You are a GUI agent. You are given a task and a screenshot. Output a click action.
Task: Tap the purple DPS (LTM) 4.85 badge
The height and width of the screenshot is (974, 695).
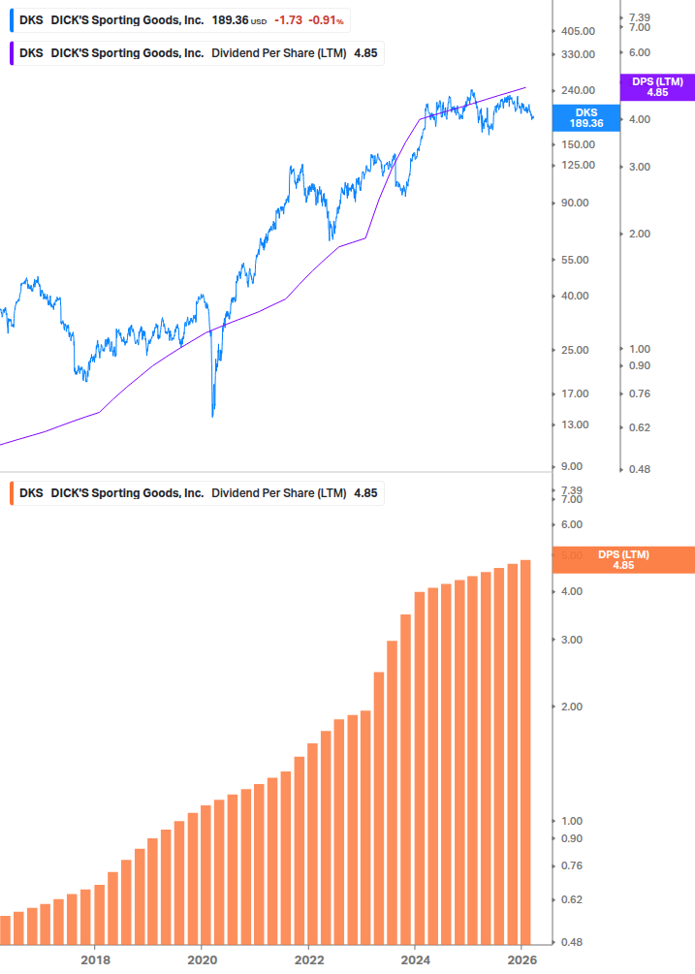coord(656,87)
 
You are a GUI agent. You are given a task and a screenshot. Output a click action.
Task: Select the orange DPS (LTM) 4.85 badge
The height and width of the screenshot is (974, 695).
coord(622,559)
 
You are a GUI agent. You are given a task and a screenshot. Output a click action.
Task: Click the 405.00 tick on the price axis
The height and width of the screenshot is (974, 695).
coord(577,31)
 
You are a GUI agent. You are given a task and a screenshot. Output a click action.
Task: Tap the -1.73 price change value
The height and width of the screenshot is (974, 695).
coord(288,19)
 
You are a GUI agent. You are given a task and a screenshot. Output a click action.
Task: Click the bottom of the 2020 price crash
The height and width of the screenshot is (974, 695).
coord(212,415)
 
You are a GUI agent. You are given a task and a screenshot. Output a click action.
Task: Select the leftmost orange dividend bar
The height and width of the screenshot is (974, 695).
coord(5,929)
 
